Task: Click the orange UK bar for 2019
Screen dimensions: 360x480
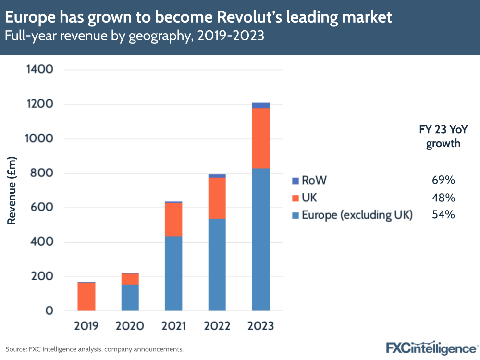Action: click(86, 296)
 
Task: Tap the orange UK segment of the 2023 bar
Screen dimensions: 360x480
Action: click(260, 138)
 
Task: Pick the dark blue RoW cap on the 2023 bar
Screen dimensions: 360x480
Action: click(260, 105)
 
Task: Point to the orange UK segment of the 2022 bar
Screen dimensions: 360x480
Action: click(217, 198)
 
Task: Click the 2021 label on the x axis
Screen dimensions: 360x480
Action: click(173, 326)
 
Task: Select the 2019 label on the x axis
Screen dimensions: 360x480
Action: click(86, 326)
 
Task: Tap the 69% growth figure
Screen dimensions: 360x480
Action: click(443, 181)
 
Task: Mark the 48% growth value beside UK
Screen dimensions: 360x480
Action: click(443, 198)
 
